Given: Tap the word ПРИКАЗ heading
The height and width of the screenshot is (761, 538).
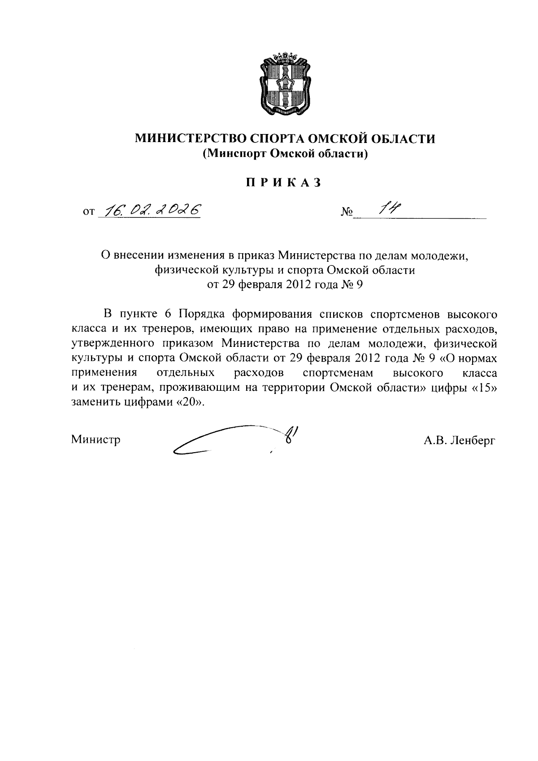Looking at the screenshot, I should (x=284, y=183).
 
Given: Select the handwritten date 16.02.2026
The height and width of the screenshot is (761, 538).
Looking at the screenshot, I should (x=151, y=210).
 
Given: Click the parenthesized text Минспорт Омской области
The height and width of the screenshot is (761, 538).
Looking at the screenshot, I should (x=285, y=154).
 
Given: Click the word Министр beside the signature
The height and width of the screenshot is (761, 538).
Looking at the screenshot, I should (x=96, y=440).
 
